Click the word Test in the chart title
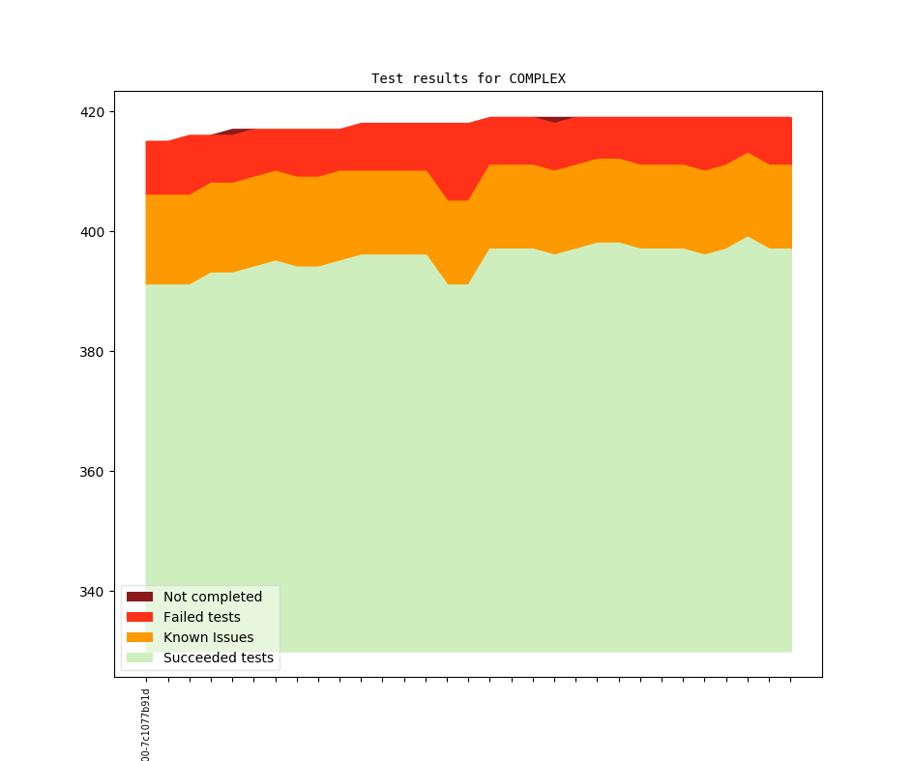pyautogui.click(x=387, y=78)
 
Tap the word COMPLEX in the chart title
pyautogui.click(x=537, y=78)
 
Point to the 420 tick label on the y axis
pyautogui.click(x=92, y=112)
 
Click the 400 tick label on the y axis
pyautogui.click(x=92, y=232)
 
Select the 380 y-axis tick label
pyautogui.click(x=92, y=352)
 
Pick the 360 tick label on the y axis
pyautogui.click(x=92, y=472)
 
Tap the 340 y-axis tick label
pyautogui.click(x=92, y=592)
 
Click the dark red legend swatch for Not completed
pyautogui.click(x=139, y=597)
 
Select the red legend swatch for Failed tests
pyautogui.click(x=139, y=617)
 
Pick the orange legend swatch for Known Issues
pyautogui.click(x=139, y=637)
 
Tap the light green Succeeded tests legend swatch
pyautogui.click(x=139, y=658)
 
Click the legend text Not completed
pyautogui.click(x=213, y=597)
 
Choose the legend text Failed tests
pyautogui.click(x=202, y=617)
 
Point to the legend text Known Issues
pyautogui.click(x=209, y=637)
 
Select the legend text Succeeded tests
pyautogui.click(x=219, y=658)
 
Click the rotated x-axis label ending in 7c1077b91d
pyautogui.click(x=146, y=724)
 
